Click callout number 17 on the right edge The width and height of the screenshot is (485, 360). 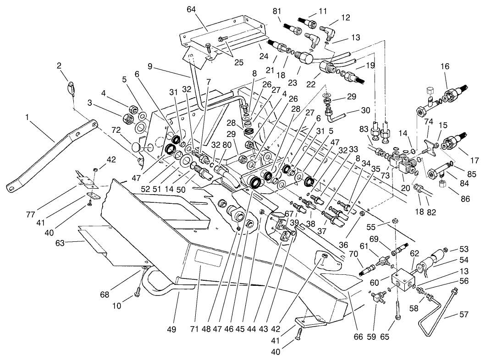click(x=474, y=161)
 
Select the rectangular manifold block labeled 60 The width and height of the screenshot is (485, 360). click(x=403, y=282)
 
